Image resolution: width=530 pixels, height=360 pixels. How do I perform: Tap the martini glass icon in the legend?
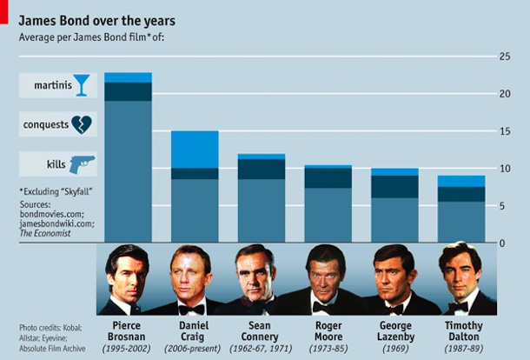(81, 84)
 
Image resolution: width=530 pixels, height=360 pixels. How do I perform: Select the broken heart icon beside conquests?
(82, 124)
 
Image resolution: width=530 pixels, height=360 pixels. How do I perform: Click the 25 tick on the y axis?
(503, 57)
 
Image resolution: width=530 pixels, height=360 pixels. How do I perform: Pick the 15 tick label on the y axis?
(503, 131)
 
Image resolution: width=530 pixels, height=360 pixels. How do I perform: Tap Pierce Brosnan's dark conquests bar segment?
(128, 91)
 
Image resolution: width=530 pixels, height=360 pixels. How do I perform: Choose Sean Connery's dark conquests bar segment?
(262, 169)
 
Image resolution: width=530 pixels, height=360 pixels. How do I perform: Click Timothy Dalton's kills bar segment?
(461, 222)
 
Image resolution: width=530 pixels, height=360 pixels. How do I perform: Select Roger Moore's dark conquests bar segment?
(328, 177)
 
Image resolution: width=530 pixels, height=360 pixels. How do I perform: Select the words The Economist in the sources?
(43, 233)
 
